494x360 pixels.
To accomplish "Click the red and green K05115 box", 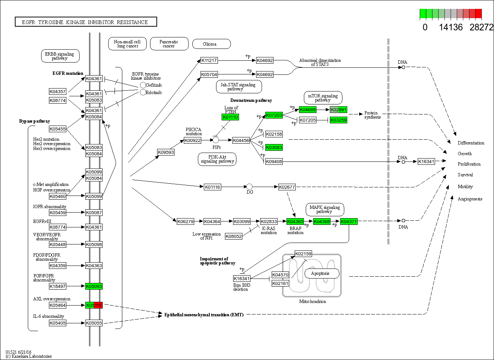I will click(94, 305).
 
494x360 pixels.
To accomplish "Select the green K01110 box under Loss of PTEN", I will click(230, 117).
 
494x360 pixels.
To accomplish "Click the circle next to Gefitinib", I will click(143, 85).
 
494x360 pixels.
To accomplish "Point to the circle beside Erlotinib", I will click(143, 92).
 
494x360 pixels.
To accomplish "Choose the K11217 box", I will click(209, 60).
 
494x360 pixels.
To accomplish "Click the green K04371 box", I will click(349, 221).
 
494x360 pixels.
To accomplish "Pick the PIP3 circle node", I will click(216, 140).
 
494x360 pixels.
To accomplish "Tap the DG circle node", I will click(249, 187).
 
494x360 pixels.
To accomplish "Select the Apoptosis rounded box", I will click(322, 274).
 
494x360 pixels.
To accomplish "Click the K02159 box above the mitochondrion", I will click(303, 254).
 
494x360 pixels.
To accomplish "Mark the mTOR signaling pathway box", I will click(323, 98).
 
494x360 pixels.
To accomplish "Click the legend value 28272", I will click(481, 27).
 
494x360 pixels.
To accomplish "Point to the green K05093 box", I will click(94, 286).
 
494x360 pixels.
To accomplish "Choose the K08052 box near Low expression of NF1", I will click(233, 236).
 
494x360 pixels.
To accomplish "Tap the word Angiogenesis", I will click(470, 199).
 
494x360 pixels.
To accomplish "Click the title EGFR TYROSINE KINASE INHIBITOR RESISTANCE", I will click(86, 22).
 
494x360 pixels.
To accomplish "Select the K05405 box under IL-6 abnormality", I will click(57, 323).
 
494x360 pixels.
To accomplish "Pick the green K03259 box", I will click(338, 120).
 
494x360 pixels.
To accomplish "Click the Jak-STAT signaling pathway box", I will click(239, 87).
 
